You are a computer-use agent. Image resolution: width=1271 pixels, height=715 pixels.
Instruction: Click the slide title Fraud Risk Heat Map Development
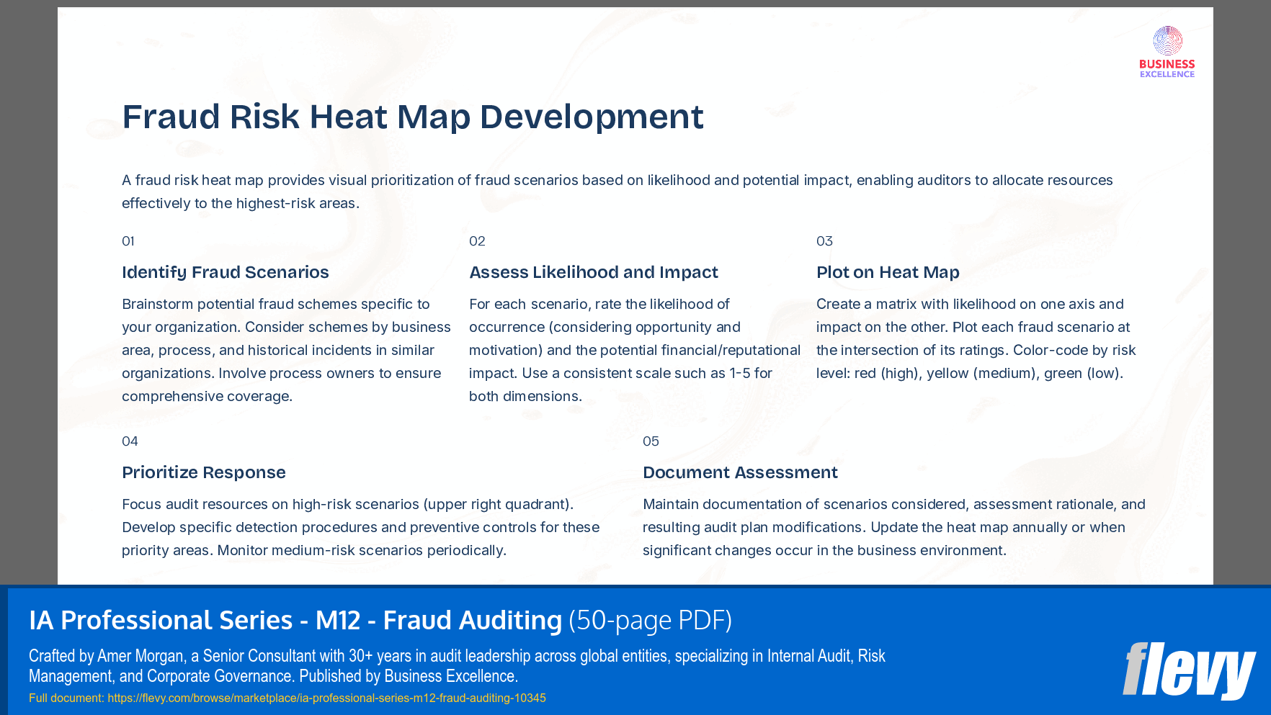coord(412,117)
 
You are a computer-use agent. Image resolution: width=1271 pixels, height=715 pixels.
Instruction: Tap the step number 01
coord(128,241)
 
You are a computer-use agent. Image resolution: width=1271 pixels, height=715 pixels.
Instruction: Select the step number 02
coord(477,241)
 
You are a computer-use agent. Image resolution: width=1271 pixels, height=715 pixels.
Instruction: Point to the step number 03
coord(824,241)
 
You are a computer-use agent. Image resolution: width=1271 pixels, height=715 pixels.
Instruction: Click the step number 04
coord(130,441)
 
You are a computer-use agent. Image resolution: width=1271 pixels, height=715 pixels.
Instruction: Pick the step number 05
coord(651,441)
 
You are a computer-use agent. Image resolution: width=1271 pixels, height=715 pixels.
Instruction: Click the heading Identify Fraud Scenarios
coord(225,272)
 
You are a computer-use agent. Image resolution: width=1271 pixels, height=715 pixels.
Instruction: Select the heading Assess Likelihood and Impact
coord(593,272)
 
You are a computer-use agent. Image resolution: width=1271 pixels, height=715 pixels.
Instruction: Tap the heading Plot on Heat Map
coord(887,272)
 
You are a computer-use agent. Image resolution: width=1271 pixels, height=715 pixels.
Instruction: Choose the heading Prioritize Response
coord(203,472)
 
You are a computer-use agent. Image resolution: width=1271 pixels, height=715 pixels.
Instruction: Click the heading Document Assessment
coord(740,472)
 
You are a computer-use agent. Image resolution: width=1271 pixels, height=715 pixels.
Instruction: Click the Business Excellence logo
coord(1167,52)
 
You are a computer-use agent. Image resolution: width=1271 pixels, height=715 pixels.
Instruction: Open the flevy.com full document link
coord(326,698)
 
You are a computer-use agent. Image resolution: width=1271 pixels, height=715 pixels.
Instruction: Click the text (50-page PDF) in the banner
coord(650,620)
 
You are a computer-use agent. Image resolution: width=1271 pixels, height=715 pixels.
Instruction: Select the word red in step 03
coord(865,373)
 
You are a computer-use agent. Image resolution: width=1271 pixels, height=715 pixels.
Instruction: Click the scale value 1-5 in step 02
coord(740,373)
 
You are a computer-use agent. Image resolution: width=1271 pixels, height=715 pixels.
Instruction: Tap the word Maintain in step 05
coord(670,504)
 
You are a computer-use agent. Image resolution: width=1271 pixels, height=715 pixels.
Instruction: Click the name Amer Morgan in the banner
coord(141,656)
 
